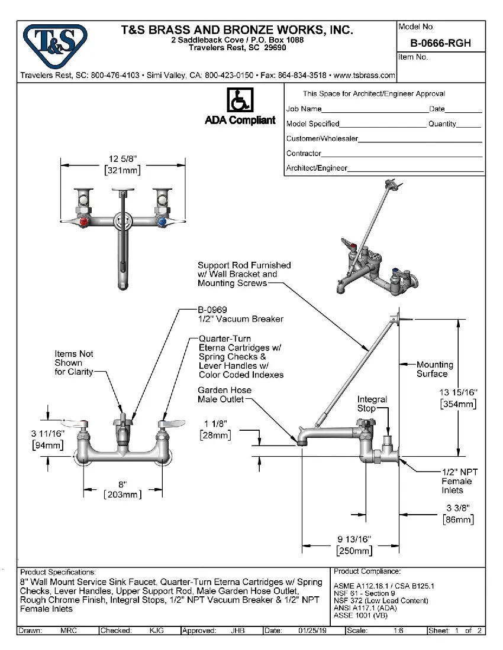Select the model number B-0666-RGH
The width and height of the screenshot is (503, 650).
tap(440, 43)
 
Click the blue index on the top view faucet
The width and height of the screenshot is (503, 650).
tap(161, 223)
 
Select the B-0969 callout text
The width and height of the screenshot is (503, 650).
tap(213, 310)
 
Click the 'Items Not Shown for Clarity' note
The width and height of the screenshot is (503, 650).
tap(74, 362)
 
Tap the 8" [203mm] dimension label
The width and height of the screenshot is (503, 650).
tap(122, 489)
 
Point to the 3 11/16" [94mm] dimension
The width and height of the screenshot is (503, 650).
tap(47, 440)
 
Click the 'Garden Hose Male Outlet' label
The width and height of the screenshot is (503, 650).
tap(224, 395)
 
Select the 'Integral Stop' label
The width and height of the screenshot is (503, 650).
tap(372, 404)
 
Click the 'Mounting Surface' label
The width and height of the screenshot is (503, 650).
tap(434, 369)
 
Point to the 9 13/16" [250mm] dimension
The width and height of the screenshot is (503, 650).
tap(354, 545)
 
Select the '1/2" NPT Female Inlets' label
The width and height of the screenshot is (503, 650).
tap(459, 481)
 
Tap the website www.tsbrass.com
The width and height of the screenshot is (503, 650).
tap(365, 76)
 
